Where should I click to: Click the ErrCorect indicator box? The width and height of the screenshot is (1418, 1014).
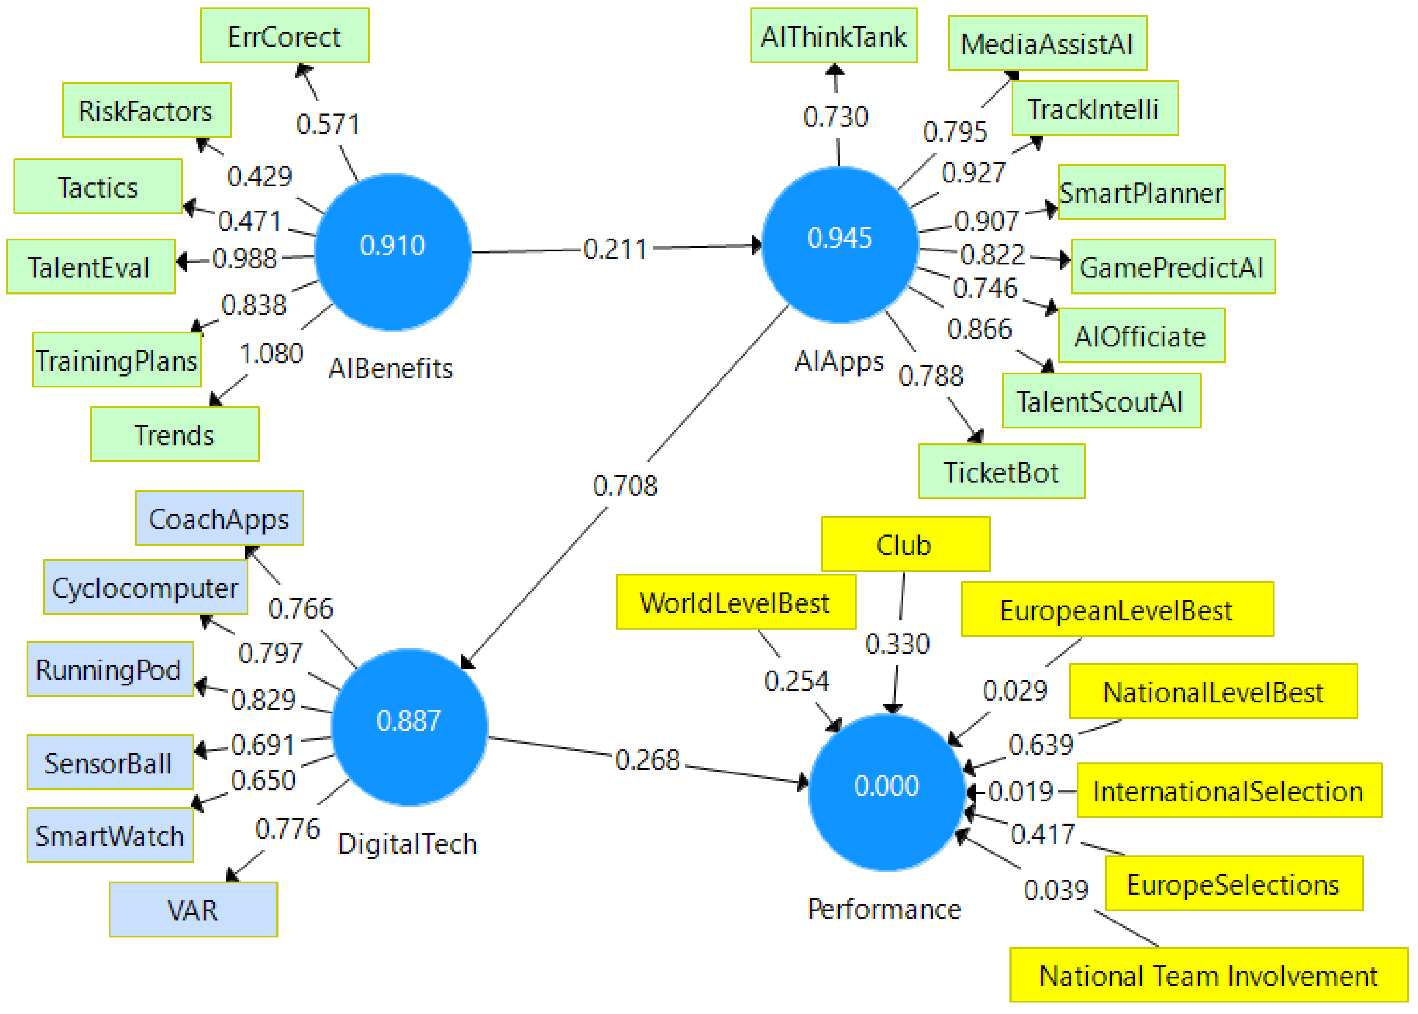coord(284,36)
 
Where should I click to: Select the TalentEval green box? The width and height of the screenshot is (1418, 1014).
coord(91,267)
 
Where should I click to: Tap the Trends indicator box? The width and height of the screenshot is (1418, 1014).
coord(174,435)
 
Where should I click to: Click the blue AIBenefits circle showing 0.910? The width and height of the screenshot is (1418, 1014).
coord(392,251)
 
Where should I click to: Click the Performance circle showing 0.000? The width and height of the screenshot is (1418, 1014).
coord(886,792)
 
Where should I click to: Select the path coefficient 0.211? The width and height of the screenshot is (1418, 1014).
coord(615,249)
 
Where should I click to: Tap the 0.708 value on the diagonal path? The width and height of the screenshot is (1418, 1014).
coord(625,485)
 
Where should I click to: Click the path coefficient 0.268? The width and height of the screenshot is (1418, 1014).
coord(647,760)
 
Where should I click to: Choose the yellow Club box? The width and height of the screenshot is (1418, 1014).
coord(905,544)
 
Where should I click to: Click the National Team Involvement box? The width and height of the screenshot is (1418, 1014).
coord(1208,975)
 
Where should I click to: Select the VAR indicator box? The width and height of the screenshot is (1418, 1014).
coord(193,910)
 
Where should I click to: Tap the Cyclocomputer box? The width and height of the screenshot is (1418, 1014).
coord(145,587)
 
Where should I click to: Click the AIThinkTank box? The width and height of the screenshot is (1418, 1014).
coord(833,36)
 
